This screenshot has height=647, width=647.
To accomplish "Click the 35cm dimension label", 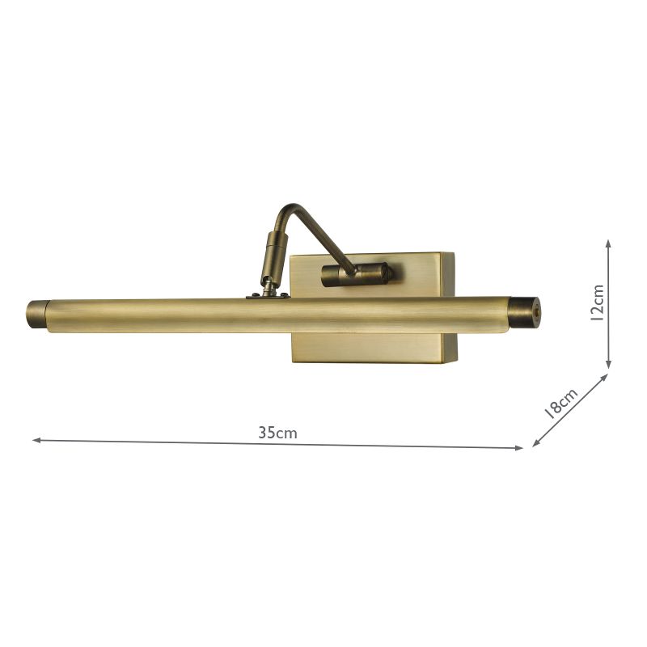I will pos(277,433).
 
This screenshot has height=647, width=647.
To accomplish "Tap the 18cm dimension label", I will pos(560,401).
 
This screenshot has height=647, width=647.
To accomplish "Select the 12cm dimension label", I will pos(597,302).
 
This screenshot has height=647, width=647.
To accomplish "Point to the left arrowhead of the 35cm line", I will pos(36,440).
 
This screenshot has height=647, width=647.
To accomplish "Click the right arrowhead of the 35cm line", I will pos(520,447).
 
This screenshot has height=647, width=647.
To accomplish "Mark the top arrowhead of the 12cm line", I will pos(608,243).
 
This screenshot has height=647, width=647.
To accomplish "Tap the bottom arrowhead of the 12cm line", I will pos(608,364).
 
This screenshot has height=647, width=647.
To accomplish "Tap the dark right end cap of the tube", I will pos(526,312).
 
